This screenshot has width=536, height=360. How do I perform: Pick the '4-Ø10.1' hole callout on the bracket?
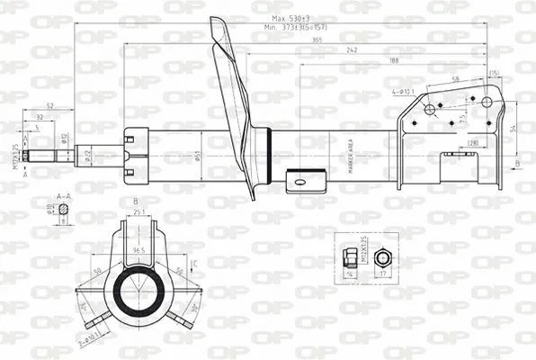(x=404, y=91)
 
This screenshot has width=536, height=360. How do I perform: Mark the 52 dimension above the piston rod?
(x=50, y=106)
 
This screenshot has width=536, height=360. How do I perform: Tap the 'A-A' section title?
(x=63, y=195)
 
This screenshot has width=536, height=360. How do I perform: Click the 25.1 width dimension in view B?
(x=139, y=212)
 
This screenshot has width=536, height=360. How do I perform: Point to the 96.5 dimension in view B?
(x=140, y=249)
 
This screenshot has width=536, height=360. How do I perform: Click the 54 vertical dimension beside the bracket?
(x=514, y=129)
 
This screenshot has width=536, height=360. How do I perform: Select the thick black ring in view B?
(x=141, y=292)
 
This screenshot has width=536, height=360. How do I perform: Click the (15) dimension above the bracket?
(x=495, y=73)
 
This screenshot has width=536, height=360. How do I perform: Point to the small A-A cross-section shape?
(x=64, y=215)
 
